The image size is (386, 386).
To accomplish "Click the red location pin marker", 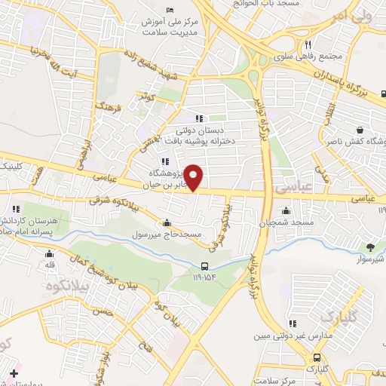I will coord(194,177).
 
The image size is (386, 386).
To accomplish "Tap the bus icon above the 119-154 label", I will coord(205,265).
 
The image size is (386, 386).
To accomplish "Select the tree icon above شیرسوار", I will coord(370,247).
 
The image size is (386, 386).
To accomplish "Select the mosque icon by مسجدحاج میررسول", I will coord(167,224).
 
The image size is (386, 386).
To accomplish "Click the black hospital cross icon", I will coord(13,373).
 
